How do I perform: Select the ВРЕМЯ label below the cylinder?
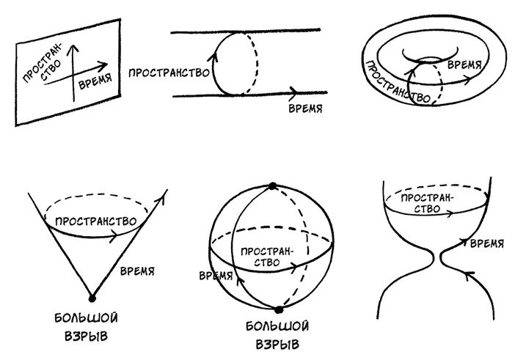click(x=304, y=109)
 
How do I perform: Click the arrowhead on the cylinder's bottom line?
click(x=294, y=93)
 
